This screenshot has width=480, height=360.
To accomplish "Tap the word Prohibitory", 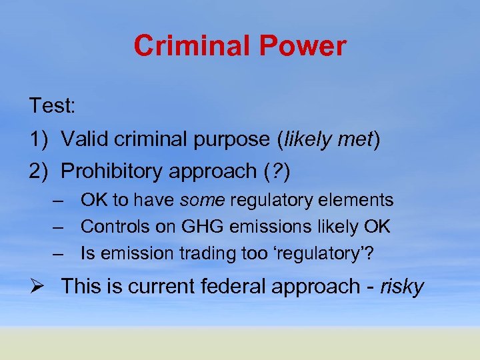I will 114,171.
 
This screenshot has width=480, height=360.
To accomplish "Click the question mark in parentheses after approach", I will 274,171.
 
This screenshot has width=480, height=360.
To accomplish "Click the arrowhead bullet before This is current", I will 37,287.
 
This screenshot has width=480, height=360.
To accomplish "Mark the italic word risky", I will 401,287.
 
